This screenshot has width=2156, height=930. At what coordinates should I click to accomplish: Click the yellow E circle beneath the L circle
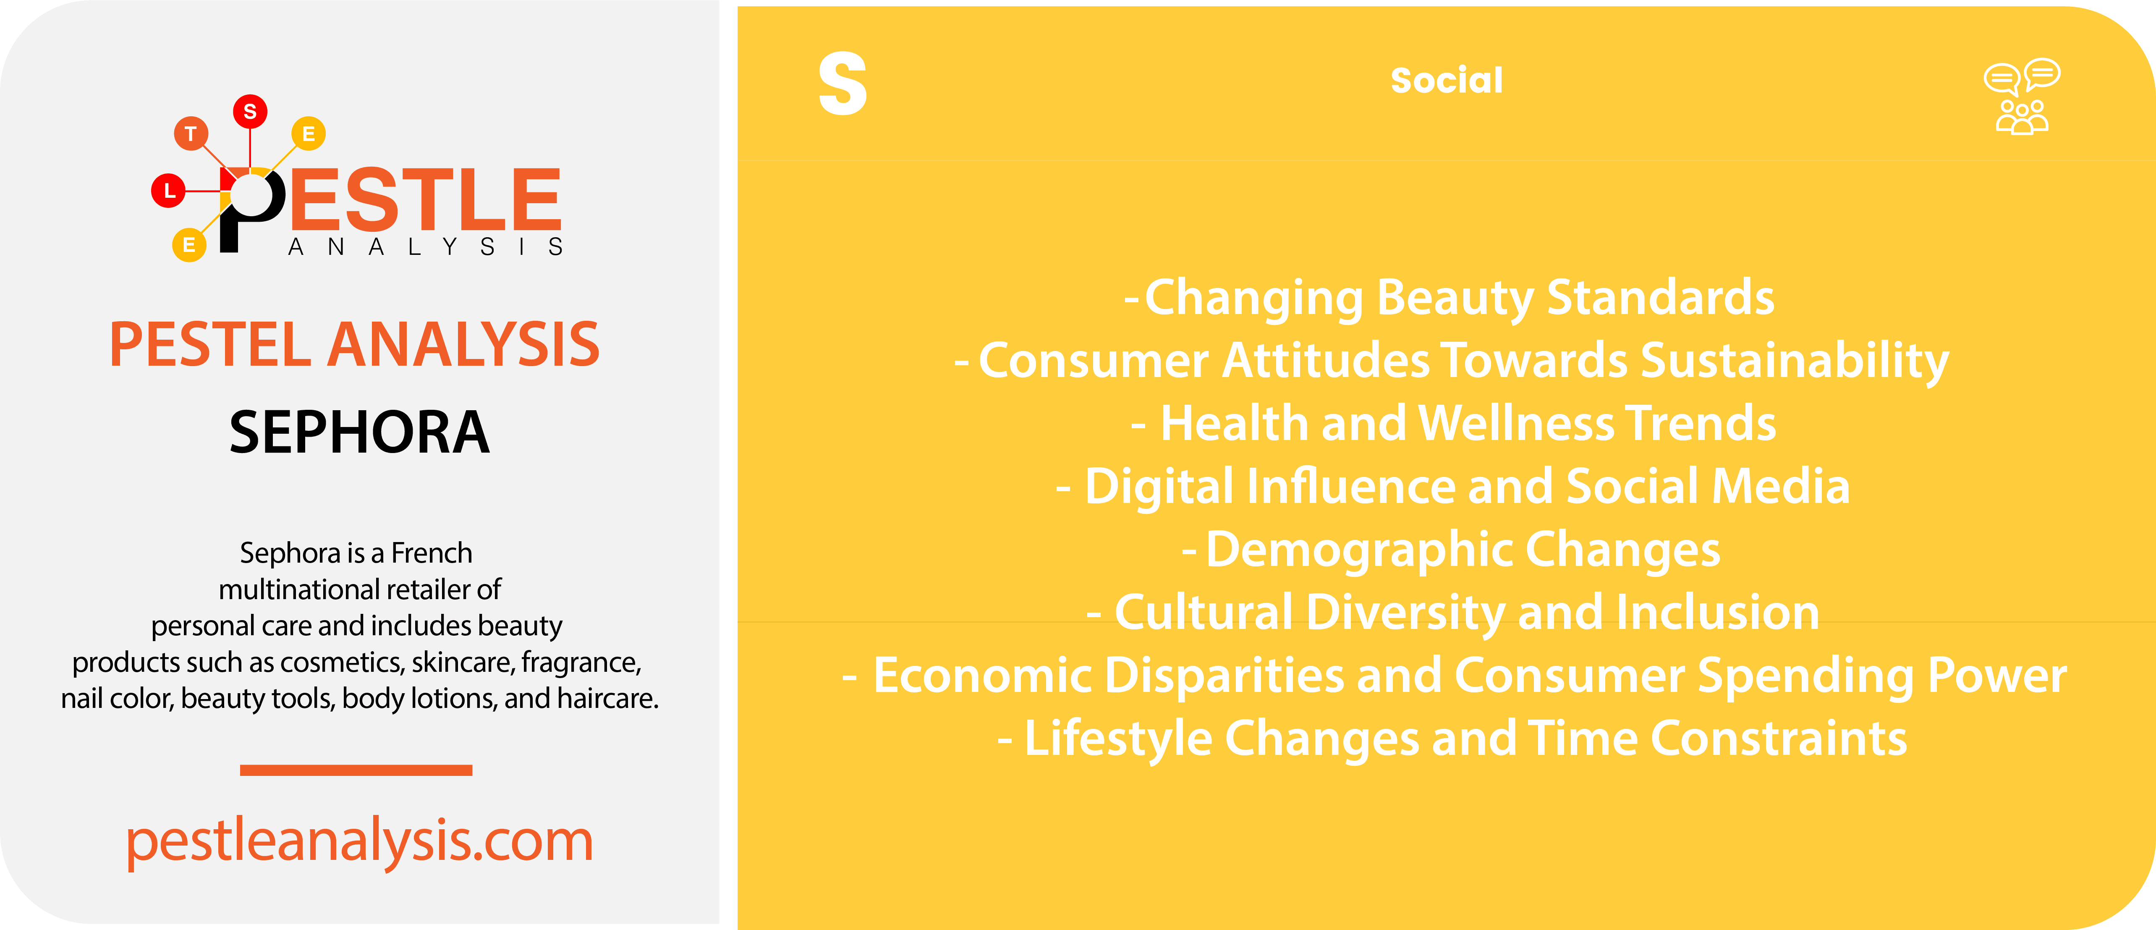(x=189, y=245)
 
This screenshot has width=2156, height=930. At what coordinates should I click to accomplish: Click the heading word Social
(x=1446, y=80)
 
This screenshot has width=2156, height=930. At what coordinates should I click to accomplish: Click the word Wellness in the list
(x=1517, y=424)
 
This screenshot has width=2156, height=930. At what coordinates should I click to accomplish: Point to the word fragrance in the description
(x=581, y=662)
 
